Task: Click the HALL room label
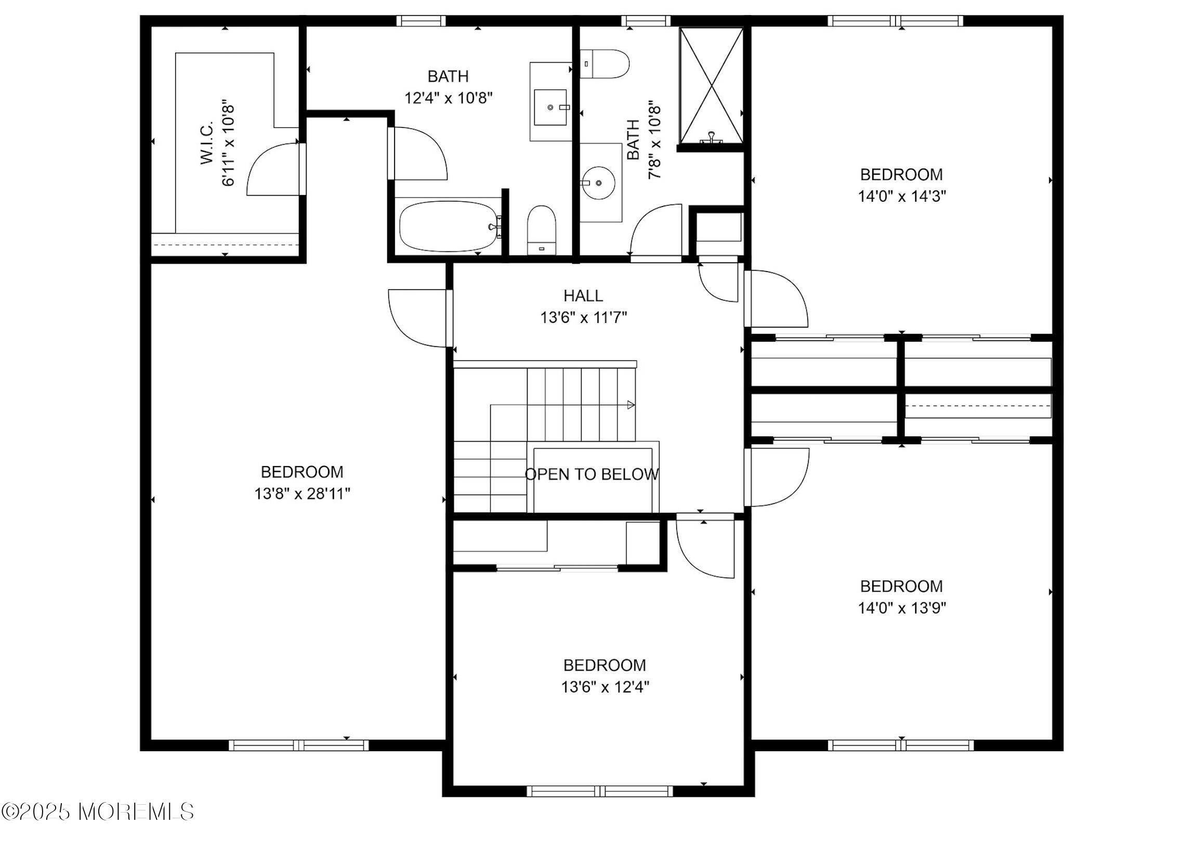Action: (x=583, y=295)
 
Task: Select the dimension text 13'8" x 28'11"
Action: (x=302, y=493)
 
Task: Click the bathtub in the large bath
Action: (x=448, y=227)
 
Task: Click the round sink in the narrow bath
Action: (x=598, y=183)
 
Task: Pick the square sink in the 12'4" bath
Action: (x=550, y=107)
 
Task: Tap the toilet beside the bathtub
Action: (x=542, y=229)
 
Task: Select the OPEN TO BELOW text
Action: (x=592, y=474)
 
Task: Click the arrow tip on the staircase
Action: (x=632, y=404)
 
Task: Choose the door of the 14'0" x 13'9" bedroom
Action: (x=777, y=477)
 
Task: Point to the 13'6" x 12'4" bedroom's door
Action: (x=706, y=548)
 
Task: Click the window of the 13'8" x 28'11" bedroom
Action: (x=299, y=745)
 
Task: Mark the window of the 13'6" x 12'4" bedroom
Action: (x=599, y=791)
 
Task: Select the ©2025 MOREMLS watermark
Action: (x=97, y=812)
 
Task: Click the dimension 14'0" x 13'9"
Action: (x=902, y=608)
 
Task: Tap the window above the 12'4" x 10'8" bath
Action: (x=421, y=21)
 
